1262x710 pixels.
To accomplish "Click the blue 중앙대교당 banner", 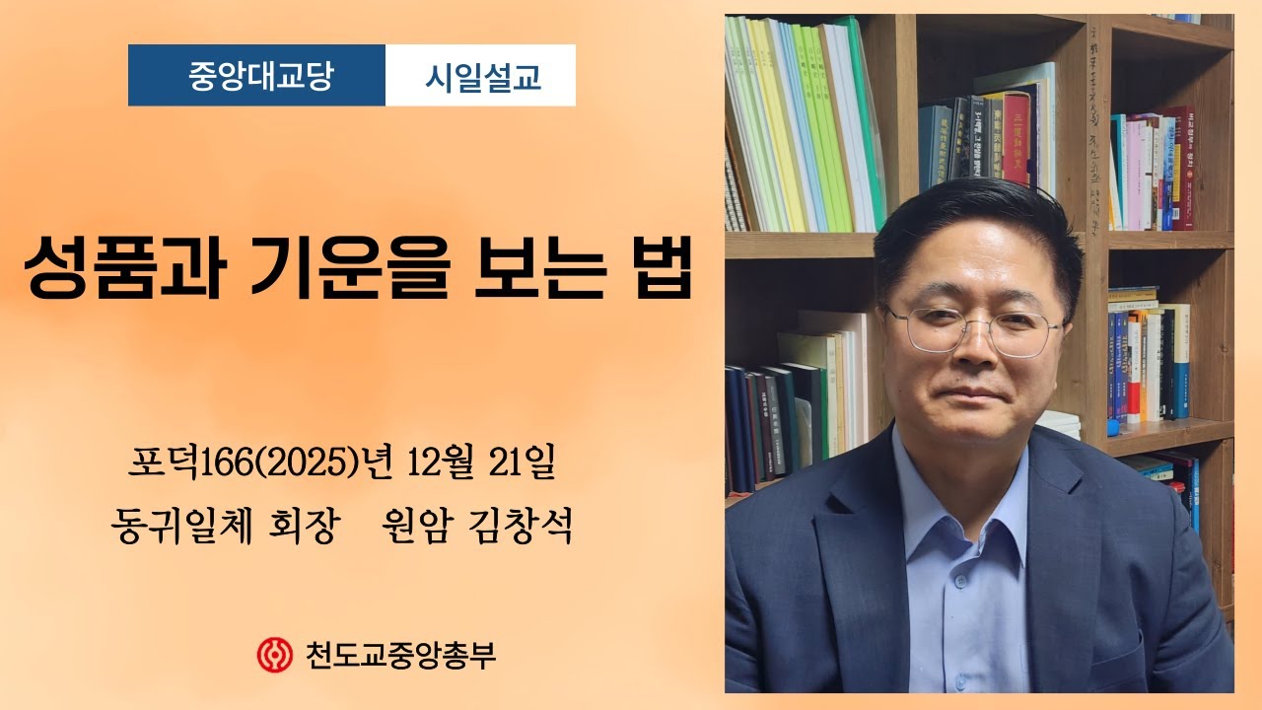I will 256,76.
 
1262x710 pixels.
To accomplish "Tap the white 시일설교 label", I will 482,76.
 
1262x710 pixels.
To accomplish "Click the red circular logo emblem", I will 272,654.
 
